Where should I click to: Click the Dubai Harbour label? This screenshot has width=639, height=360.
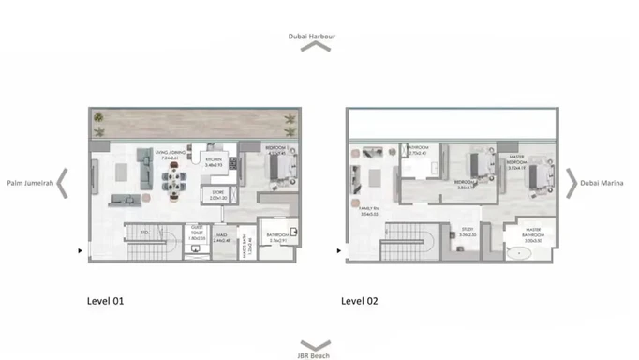click(313, 37)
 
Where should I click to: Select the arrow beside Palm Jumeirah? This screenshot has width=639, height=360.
click(63, 183)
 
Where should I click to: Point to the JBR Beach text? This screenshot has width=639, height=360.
click(313, 355)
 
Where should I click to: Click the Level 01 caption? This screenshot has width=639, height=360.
click(105, 302)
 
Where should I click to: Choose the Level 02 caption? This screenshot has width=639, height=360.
click(359, 302)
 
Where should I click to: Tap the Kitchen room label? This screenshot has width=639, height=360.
click(214, 160)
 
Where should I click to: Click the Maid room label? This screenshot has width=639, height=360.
click(222, 238)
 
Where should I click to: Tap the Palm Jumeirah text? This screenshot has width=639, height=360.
click(30, 183)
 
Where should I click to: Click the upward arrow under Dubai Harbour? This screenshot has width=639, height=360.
click(314, 47)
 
